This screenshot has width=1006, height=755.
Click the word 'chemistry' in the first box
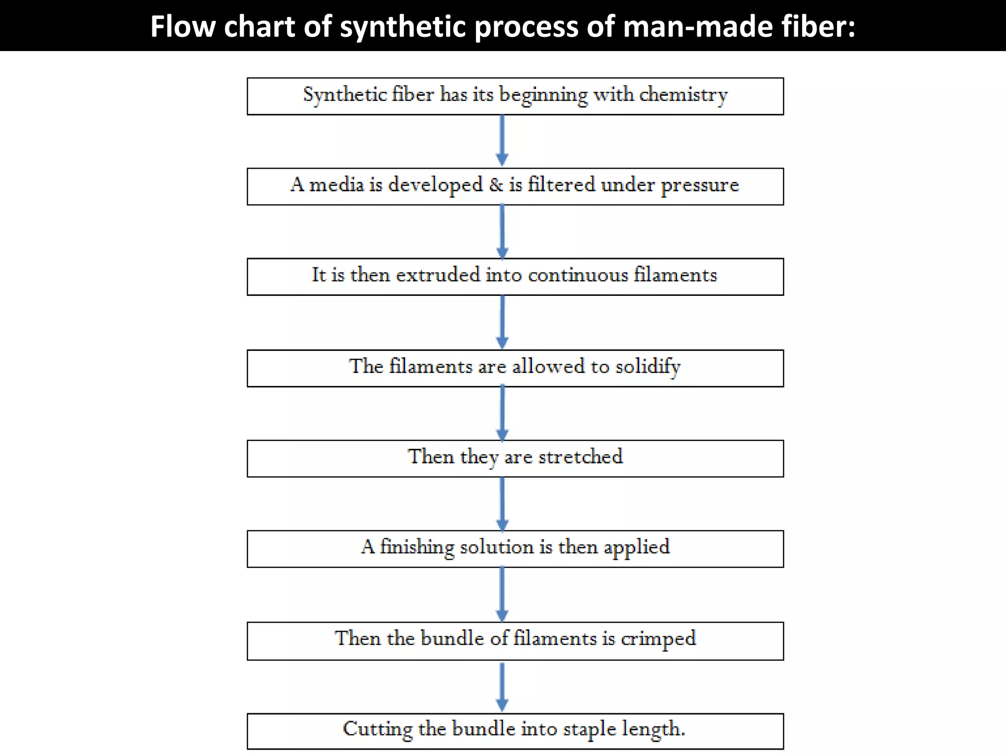coord(683,95)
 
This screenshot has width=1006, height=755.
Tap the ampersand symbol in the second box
coord(496,185)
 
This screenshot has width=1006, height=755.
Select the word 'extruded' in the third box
coord(438,275)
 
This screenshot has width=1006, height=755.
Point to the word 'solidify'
coord(648,367)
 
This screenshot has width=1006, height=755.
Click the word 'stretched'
coord(581,457)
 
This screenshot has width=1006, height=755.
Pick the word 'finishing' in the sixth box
coord(417,547)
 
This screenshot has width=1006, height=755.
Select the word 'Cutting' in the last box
coord(377,729)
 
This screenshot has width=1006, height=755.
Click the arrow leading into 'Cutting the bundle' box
coord(502,686)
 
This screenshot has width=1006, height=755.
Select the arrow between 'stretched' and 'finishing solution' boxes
coord(502,504)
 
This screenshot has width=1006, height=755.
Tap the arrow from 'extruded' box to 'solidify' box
coord(502,322)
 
